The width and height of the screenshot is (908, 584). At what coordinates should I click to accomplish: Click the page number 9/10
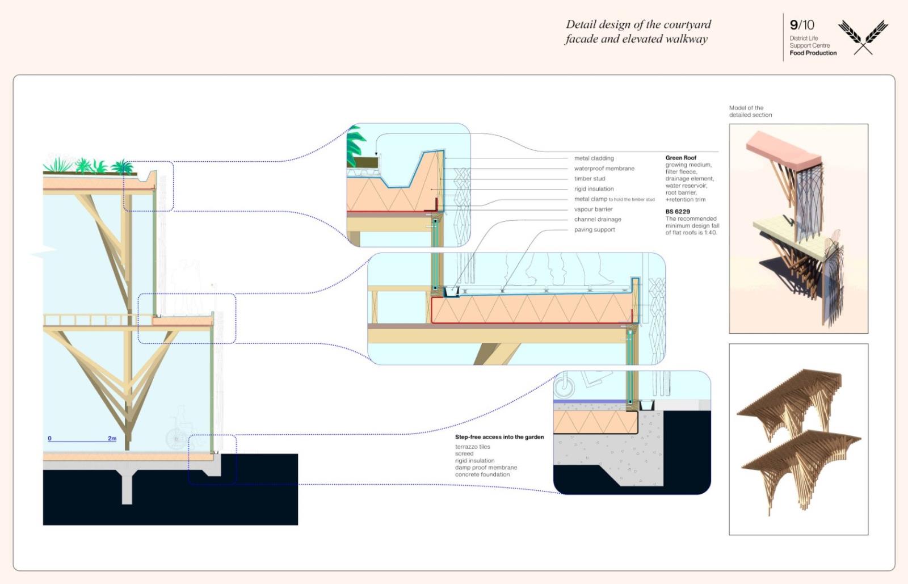pos(801,25)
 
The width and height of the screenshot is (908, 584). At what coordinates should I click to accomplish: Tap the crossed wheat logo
pos(863,37)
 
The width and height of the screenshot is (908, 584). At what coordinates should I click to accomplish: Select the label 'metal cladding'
pos(594,158)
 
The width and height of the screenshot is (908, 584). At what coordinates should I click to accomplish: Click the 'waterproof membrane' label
pos(604,169)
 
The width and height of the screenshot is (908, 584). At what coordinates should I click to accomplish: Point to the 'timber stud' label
pos(590,179)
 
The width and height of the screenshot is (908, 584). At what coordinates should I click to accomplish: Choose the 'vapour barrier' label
pos(593,209)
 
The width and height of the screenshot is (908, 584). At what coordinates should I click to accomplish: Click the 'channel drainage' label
pos(598,220)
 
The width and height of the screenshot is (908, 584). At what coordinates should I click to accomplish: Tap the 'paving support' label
pos(594,230)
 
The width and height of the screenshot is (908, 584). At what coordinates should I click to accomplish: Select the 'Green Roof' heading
pos(680,158)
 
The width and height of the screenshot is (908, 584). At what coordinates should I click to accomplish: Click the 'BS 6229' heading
pos(678,212)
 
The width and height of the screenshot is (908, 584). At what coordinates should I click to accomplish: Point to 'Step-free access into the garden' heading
pos(499,437)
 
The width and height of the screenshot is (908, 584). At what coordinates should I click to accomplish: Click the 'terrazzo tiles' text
pos(472,447)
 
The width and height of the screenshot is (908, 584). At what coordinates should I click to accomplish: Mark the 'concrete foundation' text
pos(482,474)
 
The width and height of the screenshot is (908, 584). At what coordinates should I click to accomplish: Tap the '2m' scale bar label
pos(112,438)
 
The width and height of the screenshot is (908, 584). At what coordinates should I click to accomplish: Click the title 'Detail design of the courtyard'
pos(638,24)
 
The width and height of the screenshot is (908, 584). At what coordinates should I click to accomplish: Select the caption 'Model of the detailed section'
pos(750,111)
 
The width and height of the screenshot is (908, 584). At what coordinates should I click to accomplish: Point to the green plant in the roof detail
pos(356,143)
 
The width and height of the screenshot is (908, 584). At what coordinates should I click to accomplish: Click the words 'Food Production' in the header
pos(813,53)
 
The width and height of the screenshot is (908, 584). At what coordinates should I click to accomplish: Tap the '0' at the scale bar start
pos(50,438)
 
